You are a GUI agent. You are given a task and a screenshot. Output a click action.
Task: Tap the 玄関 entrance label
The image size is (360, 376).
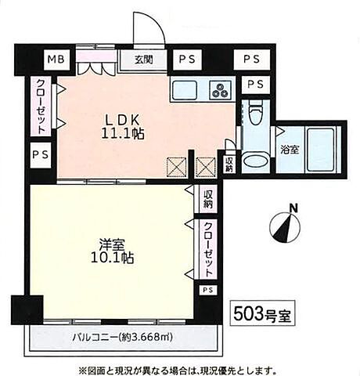(142, 60)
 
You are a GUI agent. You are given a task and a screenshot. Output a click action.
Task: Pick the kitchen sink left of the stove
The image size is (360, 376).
(185, 89)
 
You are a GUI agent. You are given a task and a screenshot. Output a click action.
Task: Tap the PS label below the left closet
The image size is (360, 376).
(39, 154)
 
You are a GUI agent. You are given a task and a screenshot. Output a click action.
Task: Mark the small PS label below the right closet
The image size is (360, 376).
(207, 290)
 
